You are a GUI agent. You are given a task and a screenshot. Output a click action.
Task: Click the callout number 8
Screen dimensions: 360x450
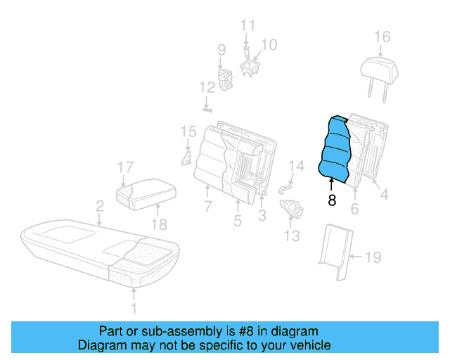pos(332,200)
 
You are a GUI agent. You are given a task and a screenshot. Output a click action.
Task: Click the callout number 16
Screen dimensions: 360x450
pos(382,37)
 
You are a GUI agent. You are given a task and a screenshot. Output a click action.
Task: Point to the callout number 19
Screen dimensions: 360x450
pos(373,257)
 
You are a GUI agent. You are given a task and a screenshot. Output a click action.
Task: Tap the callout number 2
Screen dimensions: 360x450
pos(100,206)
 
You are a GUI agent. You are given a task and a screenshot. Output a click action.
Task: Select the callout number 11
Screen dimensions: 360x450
pos(247,25)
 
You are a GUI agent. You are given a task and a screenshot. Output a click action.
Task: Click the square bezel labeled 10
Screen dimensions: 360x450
pos(250,66)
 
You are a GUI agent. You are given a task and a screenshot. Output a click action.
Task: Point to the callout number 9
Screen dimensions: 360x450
pos(221,50)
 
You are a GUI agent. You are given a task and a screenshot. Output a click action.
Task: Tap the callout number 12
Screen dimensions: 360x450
pos(206,88)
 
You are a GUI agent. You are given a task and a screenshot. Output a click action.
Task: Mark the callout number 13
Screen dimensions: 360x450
pos(290,235)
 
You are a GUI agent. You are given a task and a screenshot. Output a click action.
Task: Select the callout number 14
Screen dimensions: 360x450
pos(297,167)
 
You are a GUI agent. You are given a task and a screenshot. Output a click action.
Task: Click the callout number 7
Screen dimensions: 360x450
pos(208,207)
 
